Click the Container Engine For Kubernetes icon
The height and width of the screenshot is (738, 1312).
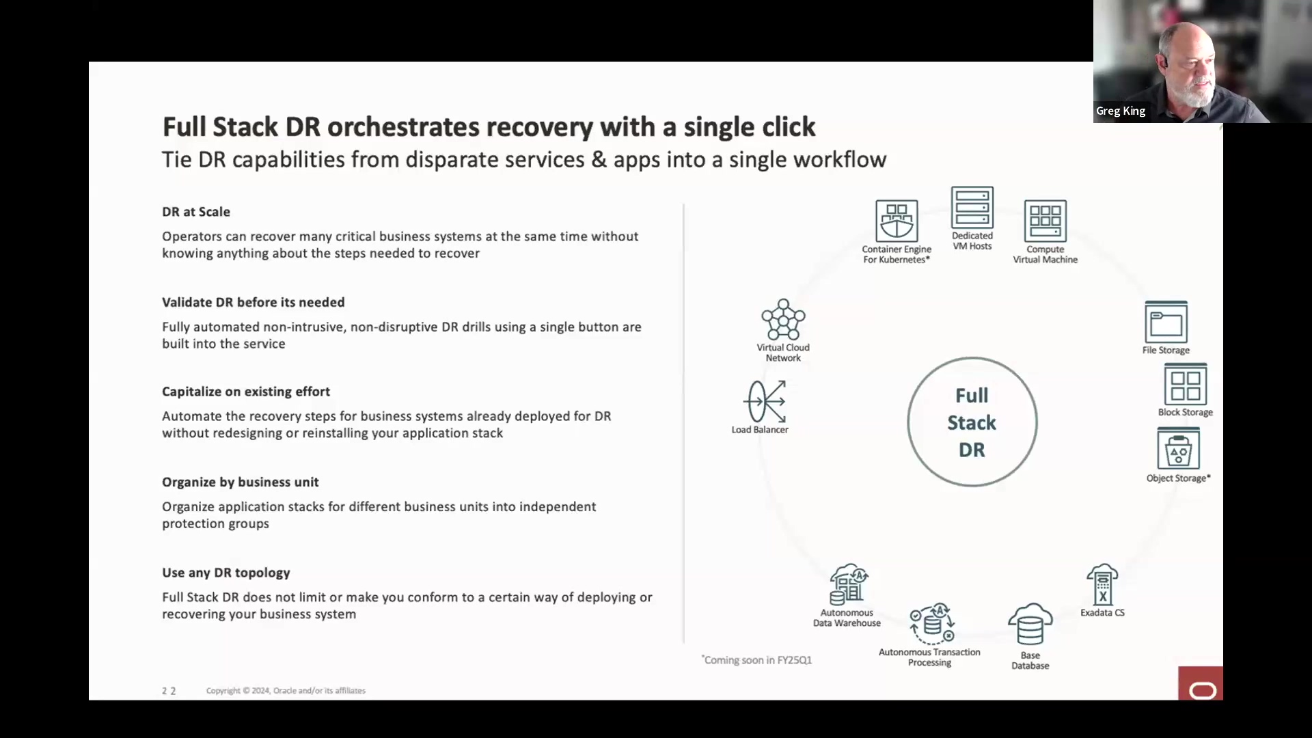[897, 220]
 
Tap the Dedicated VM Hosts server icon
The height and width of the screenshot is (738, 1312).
[972, 207]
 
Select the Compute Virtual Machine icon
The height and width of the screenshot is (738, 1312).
[1045, 220]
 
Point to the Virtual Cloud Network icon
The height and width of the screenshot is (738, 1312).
[783, 319]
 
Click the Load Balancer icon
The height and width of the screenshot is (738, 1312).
[765, 402]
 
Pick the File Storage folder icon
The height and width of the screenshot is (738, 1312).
[1166, 322]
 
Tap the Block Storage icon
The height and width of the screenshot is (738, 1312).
[1185, 384]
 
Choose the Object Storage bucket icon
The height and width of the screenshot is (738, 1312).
[1178, 449]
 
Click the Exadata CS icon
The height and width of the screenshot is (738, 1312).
[1102, 584]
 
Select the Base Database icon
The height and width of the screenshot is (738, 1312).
[1030, 625]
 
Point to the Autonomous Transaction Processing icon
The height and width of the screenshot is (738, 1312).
[931, 624]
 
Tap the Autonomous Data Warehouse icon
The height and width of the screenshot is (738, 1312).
[848, 584]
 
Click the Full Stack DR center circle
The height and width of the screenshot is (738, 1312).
[972, 422]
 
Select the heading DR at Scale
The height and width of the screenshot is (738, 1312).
[196, 212]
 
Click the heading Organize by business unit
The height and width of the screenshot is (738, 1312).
[240, 482]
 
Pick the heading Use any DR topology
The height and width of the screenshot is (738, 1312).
[225, 573]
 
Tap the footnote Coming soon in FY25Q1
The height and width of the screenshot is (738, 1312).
[757, 660]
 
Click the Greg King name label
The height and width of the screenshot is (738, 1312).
[1121, 111]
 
